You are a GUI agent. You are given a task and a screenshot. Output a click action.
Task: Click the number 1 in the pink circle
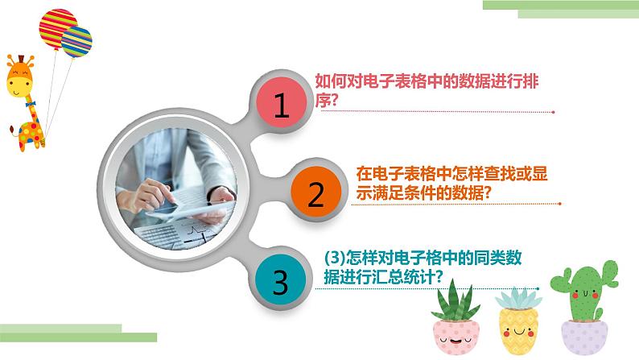[x=280, y=106]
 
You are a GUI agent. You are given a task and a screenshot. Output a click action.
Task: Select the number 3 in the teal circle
[x=280, y=282]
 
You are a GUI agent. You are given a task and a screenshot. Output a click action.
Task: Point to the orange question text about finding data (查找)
[x=434, y=183]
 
